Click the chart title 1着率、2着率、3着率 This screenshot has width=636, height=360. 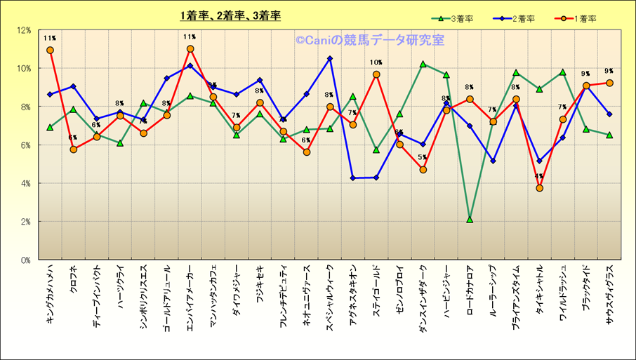pyautogui.click(x=230, y=15)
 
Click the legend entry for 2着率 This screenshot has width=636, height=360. pyautogui.click(x=522, y=18)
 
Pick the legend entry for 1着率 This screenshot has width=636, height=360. pyautogui.click(x=581, y=18)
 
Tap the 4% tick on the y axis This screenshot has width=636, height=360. pyautogui.click(x=25, y=184)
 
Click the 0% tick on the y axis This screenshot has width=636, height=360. pyautogui.click(x=25, y=260)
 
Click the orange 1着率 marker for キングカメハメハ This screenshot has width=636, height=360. pyautogui.click(x=50, y=51)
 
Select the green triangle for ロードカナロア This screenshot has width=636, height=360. pyautogui.click(x=470, y=220)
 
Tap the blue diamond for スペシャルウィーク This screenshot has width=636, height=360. pyautogui.click(x=330, y=59)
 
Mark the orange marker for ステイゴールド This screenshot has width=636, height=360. pyautogui.click(x=376, y=74)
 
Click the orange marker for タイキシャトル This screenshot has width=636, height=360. pyautogui.click(x=539, y=188)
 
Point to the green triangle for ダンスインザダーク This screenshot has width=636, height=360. pyautogui.click(x=423, y=64)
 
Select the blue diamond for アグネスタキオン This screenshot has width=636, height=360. pyautogui.click(x=353, y=178)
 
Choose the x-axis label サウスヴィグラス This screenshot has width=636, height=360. pyautogui.click(x=609, y=294)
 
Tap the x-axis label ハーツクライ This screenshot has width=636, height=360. pyautogui.click(x=120, y=287)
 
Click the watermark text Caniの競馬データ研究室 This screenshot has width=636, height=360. pyautogui.click(x=369, y=40)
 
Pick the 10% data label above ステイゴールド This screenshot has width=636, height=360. pyautogui.click(x=376, y=63)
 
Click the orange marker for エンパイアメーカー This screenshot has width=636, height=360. pyautogui.click(x=190, y=49)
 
